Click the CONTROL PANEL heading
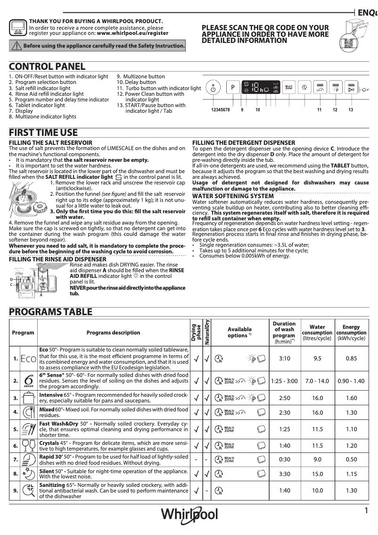pyautogui.click(x=47, y=67)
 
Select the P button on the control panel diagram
pyautogui.click(x=232, y=88)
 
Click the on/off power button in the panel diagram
pyautogui.click(x=213, y=88)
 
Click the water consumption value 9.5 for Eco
pyautogui.click(x=318, y=359)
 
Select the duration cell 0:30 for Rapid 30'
pyautogui.click(x=284, y=460)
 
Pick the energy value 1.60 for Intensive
pyautogui.click(x=351, y=398)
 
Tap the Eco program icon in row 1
pyautogui.click(x=28, y=359)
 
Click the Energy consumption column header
pyautogui.click(x=351, y=332)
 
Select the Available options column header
pyautogui.click(x=240, y=332)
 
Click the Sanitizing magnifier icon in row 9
pyautogui.click(x=28, y=491)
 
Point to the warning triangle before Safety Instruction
pyautogui.click(x=16, y=46)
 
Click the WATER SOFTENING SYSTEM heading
pyautogui.click(x=233, y=196)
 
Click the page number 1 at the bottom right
pyautogui.click(x=366, y=510)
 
